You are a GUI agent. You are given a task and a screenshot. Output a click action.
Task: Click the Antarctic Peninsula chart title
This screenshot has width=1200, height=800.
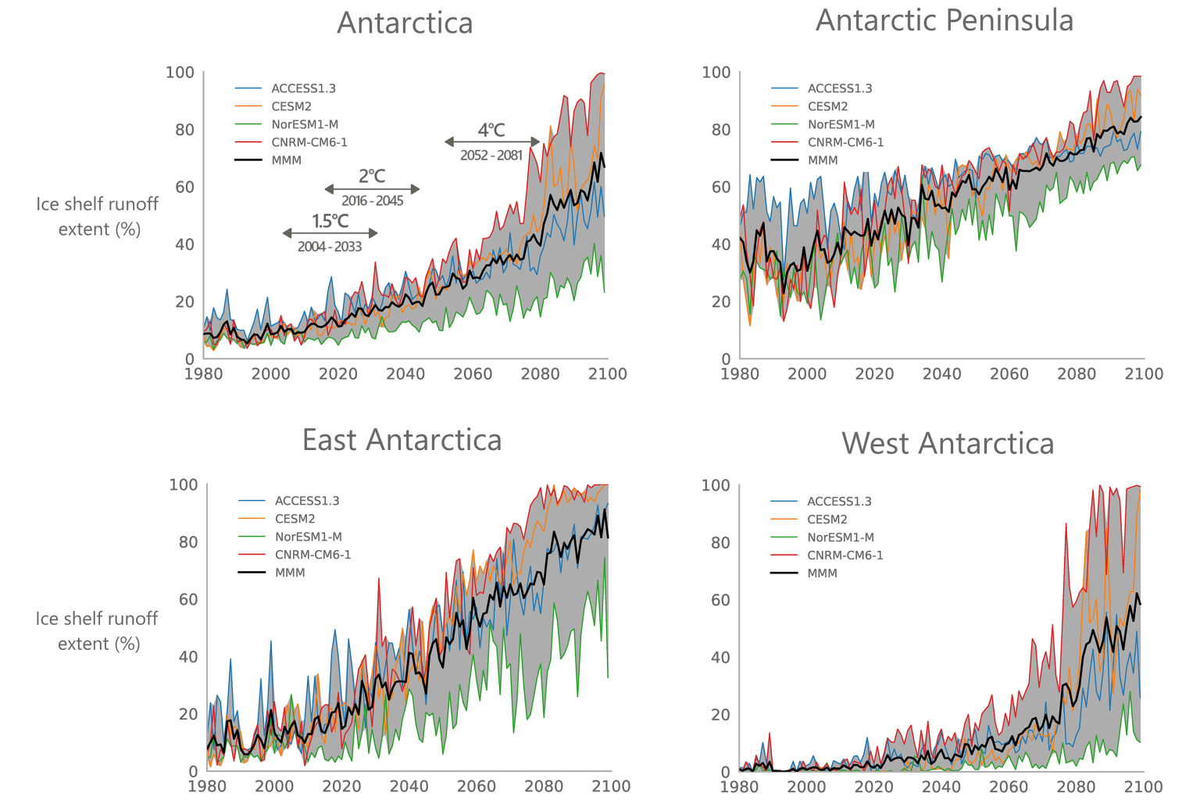point(944,20)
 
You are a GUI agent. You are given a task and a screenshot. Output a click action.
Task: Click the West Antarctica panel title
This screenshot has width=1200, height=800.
point(948,443)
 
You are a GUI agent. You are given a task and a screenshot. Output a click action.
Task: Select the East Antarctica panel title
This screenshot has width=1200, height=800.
point(402,440)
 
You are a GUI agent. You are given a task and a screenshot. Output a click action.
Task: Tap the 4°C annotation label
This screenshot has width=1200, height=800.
point(491,130)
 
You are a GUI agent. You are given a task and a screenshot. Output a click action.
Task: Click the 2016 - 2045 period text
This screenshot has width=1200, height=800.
point(372,201)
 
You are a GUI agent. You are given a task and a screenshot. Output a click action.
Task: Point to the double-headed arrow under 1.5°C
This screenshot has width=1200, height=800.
point(330,233)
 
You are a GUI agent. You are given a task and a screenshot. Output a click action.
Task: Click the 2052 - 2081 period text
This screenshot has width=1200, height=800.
point(491,155)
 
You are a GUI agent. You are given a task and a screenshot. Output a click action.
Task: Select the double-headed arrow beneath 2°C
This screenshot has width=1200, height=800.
point(372,189)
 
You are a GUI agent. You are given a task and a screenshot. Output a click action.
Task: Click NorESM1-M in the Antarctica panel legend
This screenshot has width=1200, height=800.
point(305,124)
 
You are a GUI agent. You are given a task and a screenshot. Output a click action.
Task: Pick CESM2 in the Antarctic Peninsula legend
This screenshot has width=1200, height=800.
point(827,106)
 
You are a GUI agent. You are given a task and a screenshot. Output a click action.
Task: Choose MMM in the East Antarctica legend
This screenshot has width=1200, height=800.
point(290,573)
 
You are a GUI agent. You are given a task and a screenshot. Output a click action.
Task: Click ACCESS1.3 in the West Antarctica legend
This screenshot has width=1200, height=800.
point(839,502)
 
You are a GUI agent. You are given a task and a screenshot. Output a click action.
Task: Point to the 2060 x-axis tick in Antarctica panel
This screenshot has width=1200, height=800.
point(473,374)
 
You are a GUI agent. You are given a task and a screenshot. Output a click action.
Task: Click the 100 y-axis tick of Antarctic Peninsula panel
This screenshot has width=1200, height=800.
point(716,73)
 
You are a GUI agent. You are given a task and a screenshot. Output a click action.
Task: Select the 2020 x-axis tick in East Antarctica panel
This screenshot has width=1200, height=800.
point(341,786)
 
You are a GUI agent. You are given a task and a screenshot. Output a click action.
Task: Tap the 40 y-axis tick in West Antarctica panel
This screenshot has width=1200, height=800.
point(720,657)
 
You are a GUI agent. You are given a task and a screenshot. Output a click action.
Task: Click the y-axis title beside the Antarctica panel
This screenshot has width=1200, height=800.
point(97,216)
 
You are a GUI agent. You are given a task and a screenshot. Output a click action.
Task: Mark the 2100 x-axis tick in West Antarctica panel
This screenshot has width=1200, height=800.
point(1143,787)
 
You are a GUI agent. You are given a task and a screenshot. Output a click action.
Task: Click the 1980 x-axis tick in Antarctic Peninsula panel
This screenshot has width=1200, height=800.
point(739,374)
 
